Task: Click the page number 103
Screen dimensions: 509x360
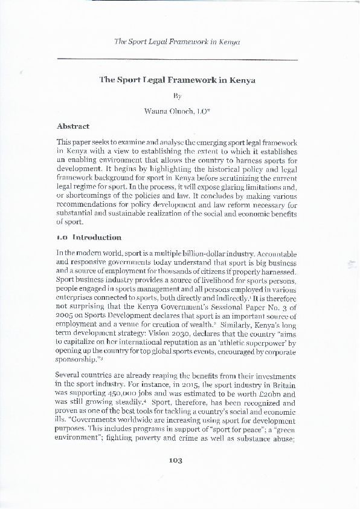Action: (176, 478)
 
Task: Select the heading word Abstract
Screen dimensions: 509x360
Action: (73, 126)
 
